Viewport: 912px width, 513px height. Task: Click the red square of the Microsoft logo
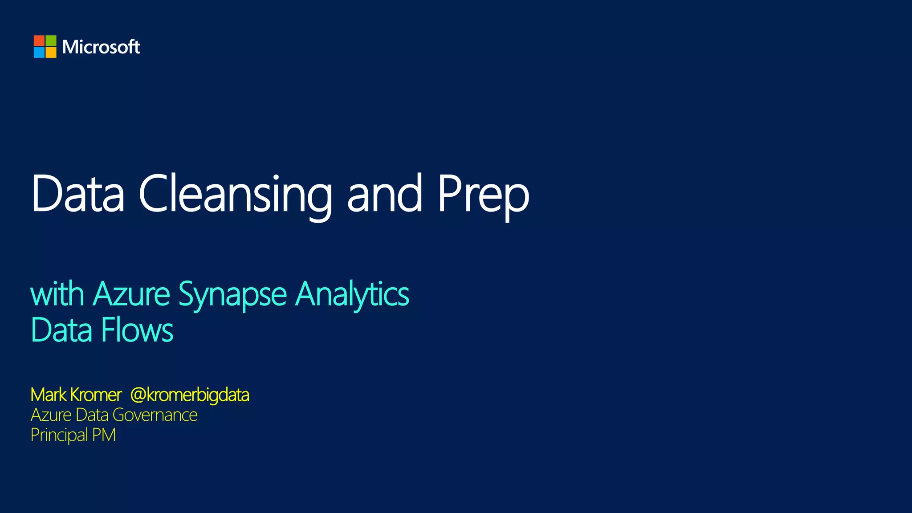coord(39,41)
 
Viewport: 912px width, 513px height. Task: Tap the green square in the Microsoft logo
coord(51,41)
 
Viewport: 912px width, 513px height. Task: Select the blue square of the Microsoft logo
coord(39,53)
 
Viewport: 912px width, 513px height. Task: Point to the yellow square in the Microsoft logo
coord(51,53)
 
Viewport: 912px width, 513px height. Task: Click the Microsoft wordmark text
coord(101,47)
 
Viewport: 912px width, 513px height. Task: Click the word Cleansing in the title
coord(236,194)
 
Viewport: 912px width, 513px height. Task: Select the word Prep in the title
coord(483,196)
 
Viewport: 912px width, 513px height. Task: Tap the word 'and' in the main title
coord(384,194)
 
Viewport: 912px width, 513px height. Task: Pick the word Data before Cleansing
coord(77,194)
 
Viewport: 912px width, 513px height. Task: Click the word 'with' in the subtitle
coord(57,294)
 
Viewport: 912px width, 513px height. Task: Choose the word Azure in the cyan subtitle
coord(131,294)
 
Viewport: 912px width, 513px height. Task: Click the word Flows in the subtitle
coord(137,330)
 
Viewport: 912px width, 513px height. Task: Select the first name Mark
coord(48,395)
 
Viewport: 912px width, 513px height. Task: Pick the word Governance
coord(155,415)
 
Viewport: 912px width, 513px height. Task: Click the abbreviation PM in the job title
coord(104,435)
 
